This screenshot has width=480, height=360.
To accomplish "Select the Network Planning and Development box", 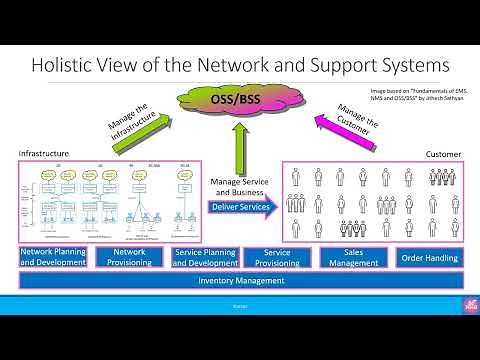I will click(53, 257).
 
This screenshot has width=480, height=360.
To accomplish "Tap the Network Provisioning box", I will click(130, 257).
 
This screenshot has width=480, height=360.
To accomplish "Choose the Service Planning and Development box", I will click(206, 257).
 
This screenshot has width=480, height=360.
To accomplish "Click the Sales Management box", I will click(354, 257).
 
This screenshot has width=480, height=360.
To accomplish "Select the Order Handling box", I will click(429, 257).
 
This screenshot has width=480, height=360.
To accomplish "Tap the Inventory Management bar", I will click(240, 281).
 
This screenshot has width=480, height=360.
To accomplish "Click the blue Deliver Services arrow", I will click(241, 207).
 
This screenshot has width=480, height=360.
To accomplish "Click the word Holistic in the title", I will click(70, 66).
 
